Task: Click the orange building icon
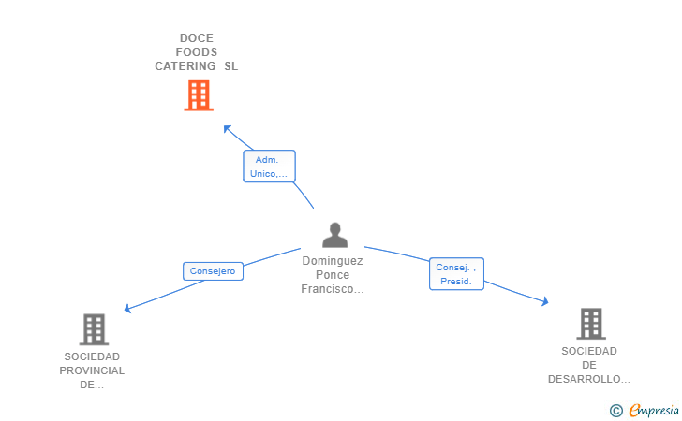pyautogui.click(x=199, y=95)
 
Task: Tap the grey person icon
pyautogui.click(x=335, y=235)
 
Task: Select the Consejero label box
pyautogui.click(x=213, y=271)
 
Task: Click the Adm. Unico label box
pyautogui.click(x=269, y=167)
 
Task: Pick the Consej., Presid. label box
pyautogui.click(x=456, y=274)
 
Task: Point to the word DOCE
pyautogui.click(x=197, y=38)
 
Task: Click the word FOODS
pyautogui.click(x=197, y=52)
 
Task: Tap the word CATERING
pyautogui.click(x=185, y=66)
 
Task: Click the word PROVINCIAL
pyautogui.click(x=92, y=370)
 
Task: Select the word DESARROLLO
pyautogui.click(x=585, y=379)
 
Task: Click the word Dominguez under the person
pyautogui.click(x=333, y=261)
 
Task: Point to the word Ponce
pyautogui.click(x=333, y=274)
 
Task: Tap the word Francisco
pyautogui.click(x=328, y=289)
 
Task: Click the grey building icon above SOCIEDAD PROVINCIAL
pyautogui.click(x=94, y=329)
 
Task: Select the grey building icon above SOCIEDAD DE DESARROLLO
pyautogui.click(x=591, y=324)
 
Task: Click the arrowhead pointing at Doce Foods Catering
pyautogui.click(x=227, y=128)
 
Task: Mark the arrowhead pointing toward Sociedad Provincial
pyautogui.click(x=127, y=309)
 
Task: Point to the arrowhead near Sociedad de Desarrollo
pyautogui.click(x=545, y=301)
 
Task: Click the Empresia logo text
pyautogui.click(x=654, y=411)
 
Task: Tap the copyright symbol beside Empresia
pyautogui.click(x=616, y=411)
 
